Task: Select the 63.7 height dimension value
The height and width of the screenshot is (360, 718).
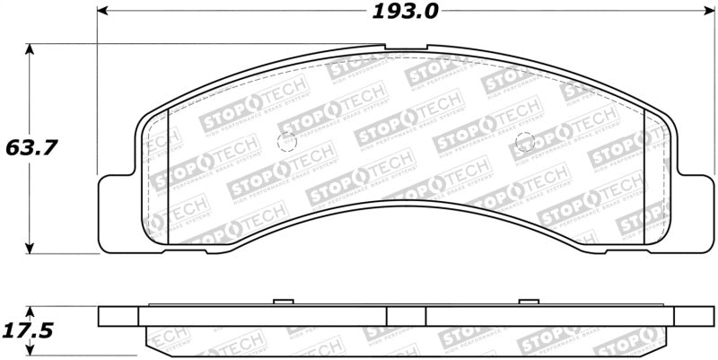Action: click(31, 147)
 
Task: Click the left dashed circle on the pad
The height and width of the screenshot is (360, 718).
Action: click(287, 142)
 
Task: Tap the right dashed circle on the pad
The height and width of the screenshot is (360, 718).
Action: click(527, 141)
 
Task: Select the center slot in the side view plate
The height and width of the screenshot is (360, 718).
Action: click(406, 316)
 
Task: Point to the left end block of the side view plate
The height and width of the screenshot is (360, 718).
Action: click(118, 316)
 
